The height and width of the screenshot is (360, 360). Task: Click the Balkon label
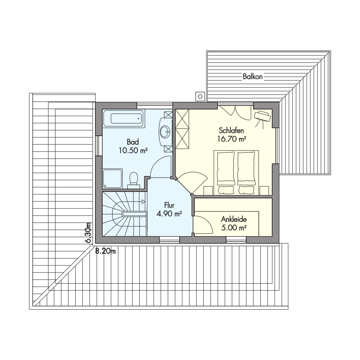(253, 76)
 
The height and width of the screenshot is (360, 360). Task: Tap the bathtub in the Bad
(123, 118)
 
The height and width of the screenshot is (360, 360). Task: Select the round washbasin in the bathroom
(165, 132)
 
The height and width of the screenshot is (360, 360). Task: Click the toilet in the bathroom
(134, 180)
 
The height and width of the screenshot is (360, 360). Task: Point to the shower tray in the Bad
(112, 179)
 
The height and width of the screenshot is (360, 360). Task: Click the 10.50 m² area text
(133, 150)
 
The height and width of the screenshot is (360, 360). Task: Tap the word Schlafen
(231, 130)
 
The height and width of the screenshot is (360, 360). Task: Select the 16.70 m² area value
(232, 139)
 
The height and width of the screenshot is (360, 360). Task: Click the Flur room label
(170, 205)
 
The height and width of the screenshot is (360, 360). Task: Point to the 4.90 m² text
(169, 214)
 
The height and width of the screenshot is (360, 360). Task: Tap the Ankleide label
(234, 219)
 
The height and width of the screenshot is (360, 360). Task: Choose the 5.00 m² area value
(234, 228)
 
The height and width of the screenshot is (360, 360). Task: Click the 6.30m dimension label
(88, 233)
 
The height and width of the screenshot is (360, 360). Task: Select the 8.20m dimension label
(105, 251)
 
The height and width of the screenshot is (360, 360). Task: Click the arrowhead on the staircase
(144, 202)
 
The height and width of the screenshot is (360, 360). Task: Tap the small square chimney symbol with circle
(200, 96)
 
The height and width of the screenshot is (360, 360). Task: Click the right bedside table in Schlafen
(264, 190)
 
